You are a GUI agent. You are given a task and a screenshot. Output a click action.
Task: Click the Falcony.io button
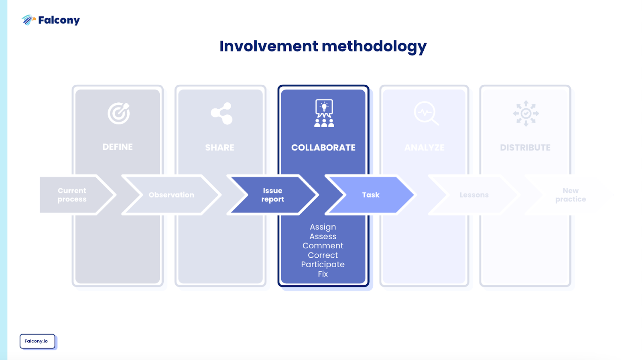(37, 341)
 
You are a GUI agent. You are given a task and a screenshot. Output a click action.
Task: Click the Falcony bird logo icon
(28, 20)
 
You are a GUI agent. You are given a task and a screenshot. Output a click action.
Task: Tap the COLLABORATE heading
(323, 148)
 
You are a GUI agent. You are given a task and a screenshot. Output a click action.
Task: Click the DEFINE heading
(118, 147)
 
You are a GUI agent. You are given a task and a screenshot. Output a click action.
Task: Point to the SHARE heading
(220, 148)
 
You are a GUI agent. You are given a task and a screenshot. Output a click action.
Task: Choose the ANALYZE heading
(425, 148)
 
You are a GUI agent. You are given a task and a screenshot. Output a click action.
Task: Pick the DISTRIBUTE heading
(525, 148)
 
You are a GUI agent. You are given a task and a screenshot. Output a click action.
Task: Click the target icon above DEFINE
(119, 113)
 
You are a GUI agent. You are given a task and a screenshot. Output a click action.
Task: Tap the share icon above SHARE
(222, 113)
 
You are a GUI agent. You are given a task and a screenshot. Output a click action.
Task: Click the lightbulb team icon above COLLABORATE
(324, 113)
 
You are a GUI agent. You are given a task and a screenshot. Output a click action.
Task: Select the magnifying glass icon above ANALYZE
(426, 113)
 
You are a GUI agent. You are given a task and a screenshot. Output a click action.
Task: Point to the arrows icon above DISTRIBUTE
(526, 113)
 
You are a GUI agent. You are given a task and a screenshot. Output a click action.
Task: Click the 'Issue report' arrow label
(272, 195)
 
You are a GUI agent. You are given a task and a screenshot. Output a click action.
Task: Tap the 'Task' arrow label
(371, 195)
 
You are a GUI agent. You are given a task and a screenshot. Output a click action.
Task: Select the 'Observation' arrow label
(171, 195)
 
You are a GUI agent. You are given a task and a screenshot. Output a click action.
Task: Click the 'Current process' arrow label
(72, 195)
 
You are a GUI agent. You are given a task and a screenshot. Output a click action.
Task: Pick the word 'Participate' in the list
(323, 264)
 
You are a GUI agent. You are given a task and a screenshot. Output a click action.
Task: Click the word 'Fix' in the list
(323, 274)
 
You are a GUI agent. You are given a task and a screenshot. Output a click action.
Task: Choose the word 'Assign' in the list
(323, 227)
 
